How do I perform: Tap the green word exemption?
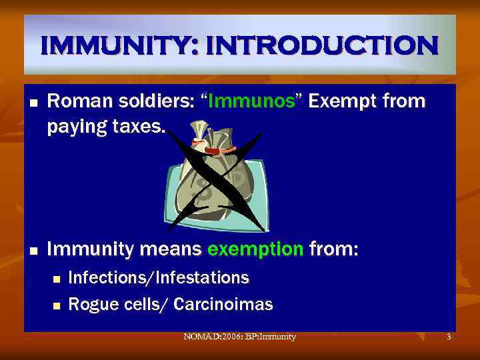255,250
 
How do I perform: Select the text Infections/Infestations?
159,277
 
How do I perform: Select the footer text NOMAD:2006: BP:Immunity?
239,337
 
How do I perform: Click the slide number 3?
449,337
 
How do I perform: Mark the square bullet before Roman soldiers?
32,103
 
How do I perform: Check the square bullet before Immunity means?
32,251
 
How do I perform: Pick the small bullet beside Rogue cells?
56,306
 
